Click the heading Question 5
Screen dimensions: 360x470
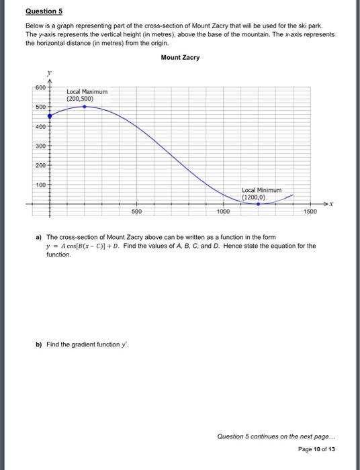pos(44,11)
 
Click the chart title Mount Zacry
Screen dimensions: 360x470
pos(180,58)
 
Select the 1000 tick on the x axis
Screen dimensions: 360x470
pos(224,211)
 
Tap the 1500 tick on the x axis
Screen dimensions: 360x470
pos(310,211)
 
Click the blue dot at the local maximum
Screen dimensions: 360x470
pos(83,106)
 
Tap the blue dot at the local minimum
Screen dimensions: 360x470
pos(257,203)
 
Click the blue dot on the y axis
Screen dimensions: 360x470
pos(48,115)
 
